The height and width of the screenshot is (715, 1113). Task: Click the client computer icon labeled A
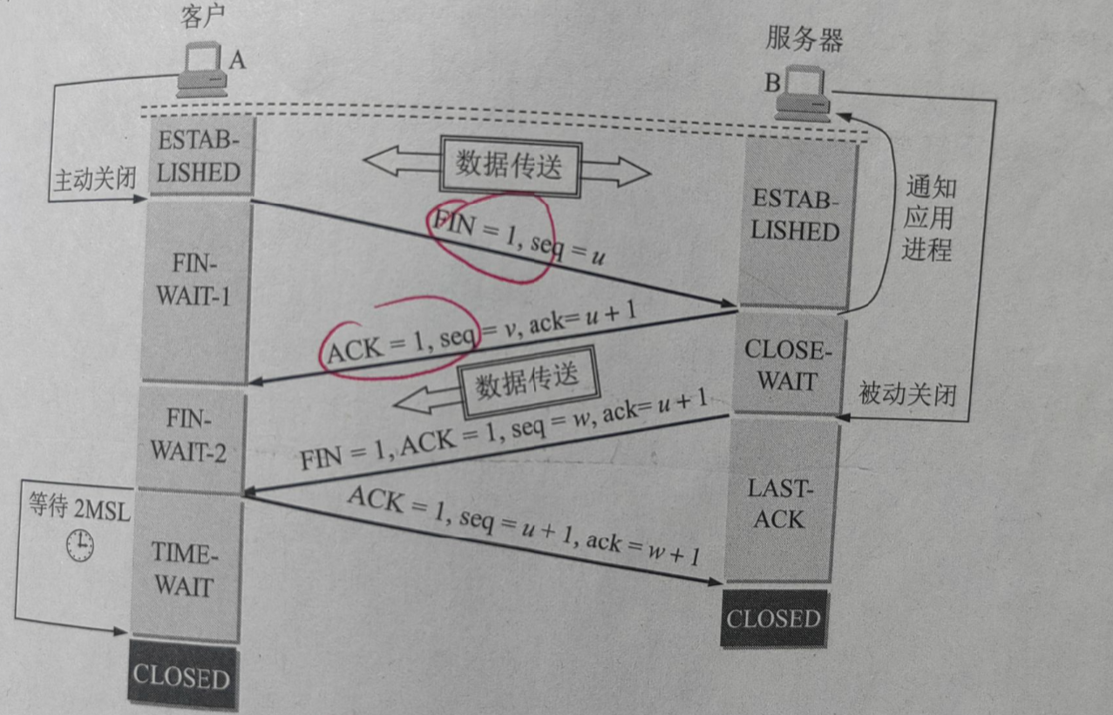click(x=202, y=70)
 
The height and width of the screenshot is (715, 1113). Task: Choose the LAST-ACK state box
click(x=777, y=504)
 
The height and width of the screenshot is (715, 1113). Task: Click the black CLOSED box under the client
click(x=180, y=677)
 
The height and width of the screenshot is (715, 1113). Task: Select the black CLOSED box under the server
click(x=773, y=619)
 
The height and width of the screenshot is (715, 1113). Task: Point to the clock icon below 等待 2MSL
click(x=79, y=545)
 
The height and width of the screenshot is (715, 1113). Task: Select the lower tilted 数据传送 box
click(x=527, y=382)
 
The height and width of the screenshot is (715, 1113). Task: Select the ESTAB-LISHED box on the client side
click(x=198, y=158)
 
